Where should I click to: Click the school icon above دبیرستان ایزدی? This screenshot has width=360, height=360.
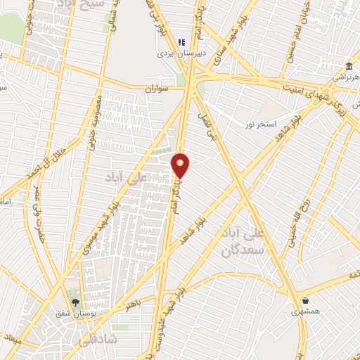coord(181,41)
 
